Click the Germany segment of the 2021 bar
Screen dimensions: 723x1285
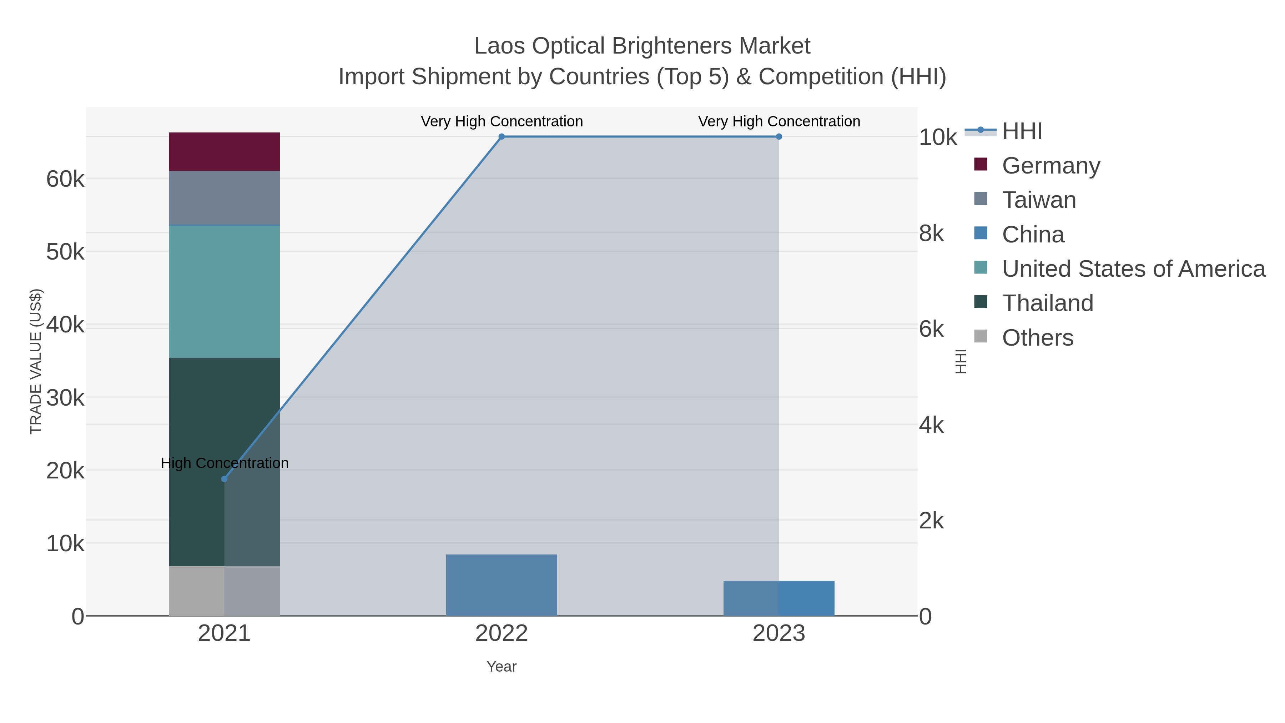tap(224, 152)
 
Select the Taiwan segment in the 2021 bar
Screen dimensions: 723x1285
tap(224, 198)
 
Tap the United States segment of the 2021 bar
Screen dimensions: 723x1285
tap(224, 291)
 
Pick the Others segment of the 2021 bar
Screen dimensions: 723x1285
tap(224, 591)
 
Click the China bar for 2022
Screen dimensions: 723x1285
tap(502, 585)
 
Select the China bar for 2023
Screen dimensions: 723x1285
tap(779, 598)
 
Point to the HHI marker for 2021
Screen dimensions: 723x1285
tap(224, 479)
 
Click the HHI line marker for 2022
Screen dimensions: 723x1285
tap(502, 137)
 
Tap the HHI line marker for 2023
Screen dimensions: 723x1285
tap(779, 137)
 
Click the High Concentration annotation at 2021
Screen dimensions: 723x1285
tap(225, 463)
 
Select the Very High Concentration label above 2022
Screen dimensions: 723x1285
tap(502, 121)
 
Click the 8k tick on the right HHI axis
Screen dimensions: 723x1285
tap(931, 233)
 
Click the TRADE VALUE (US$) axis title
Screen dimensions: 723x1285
tap(36, 361)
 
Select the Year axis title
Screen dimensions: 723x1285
tap(502, 667)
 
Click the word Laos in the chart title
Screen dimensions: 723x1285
tap(499, 46)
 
